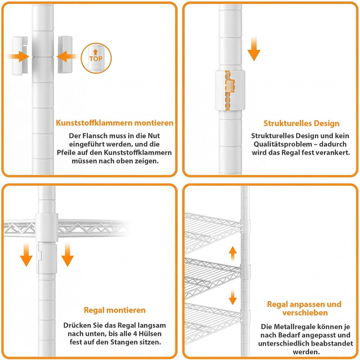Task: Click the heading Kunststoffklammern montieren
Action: pyautogui.click(x=115, y=123)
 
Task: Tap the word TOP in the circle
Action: pyautogui.click(x=96, y=59)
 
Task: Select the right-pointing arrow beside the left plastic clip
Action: pyautogui.click(x=19, y=57)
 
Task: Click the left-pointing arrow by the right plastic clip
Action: pyautogui.click(x=67, y=57)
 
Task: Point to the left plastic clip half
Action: pyautogui.click(x=20, y=56)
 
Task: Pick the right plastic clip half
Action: pyautogui.click(x=65, y=55)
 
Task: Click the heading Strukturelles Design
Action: pyautogui.click(x=301, y=123)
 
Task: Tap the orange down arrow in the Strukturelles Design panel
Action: pyautogui.click(x=254, y=49)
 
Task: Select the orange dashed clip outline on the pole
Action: pyautogui.click(x=230, y=91)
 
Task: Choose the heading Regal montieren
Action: pyautogui.click(x=115, y=310)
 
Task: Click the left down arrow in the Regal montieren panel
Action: pyautogui.click(x=26, y=255)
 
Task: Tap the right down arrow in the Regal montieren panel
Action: pyautogui.click(x=67, y=255)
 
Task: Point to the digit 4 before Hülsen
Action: pyautogui.click(x=135, y=334)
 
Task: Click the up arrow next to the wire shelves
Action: pyautogui.click(x=233, y=254)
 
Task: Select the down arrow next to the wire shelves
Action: pyautogui.click(x=233, y=297)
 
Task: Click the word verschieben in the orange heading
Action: pyautogui.click(x=305, y=313)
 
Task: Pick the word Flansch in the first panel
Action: pyautogui.click(x=94, y=136)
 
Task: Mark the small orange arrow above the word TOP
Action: pyautogui.click(x=96, y=52)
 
